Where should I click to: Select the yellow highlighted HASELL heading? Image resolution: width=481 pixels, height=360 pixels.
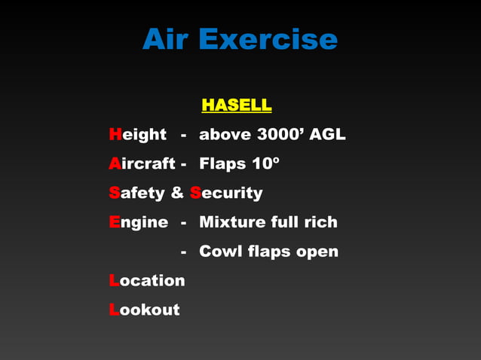[236, 105]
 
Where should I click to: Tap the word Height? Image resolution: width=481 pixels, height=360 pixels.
[137, 135]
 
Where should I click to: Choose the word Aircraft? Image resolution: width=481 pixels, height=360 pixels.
[142, 163]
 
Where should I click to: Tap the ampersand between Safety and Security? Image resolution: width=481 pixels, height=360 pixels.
[177, 193]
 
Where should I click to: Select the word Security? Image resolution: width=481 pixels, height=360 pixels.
[226, 193]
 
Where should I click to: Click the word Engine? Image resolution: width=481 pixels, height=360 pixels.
[138, 222]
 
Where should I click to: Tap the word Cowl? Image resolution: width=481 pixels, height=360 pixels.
[219, 251]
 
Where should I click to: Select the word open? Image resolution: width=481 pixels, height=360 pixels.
[317, 252]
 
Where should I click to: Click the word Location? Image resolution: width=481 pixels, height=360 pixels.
[147, 280]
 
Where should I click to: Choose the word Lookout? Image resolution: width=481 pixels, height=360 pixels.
[144, 310]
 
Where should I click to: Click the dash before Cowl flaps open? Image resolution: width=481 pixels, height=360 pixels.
[183, 252]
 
